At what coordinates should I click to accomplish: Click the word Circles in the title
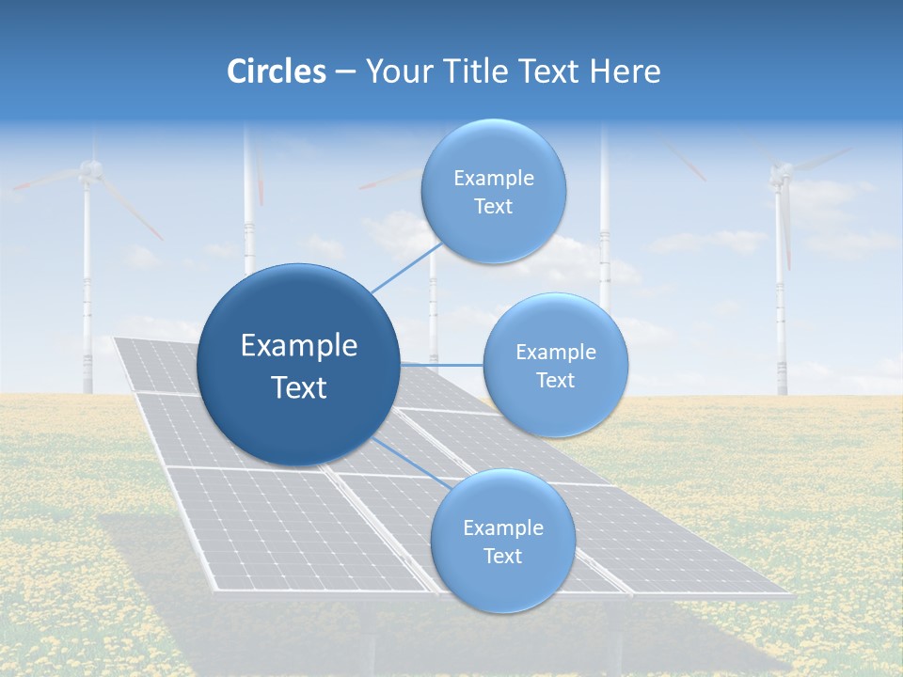[x=277, y=71]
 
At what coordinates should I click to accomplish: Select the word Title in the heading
[x=487, y=71]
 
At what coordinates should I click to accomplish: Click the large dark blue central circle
[x=298, y=365]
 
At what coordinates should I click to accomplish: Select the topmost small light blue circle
[x=493, y=191]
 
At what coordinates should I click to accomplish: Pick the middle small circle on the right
[x=555, y=365]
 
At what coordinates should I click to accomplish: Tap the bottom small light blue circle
[x=502, y=542]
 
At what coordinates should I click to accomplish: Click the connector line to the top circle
[x=406, y=267]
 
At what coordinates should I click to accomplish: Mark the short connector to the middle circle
[x=441, y=364]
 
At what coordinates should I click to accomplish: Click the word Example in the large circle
[x=299, y=346]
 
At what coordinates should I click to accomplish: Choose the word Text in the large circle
[x=299, y=387]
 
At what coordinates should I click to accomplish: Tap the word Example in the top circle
[x=494, y=178]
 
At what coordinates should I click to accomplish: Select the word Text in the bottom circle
[x=502, y=556]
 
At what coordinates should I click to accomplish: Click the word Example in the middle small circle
[x=556, y=352]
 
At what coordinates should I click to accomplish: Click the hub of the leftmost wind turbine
[x=89, y=169]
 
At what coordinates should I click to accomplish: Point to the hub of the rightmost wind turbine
[x=780, y=172]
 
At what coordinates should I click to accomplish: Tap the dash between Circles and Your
[x=344, y=72]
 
